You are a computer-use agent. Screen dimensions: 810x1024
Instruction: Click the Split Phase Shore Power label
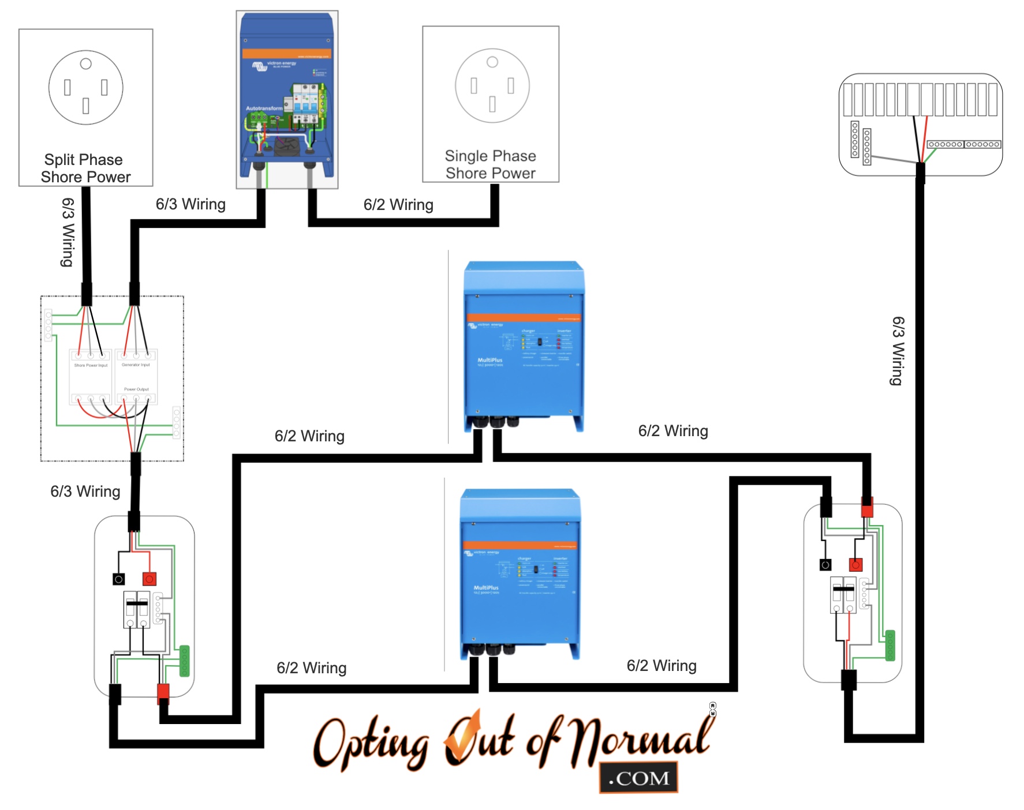(x=85, y=168)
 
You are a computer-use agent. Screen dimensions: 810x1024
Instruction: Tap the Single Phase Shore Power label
(x=491, y=164)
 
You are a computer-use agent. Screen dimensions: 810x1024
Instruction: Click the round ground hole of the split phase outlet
(x=86, y=64)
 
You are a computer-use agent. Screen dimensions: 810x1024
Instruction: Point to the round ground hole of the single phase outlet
(x=492, y=62)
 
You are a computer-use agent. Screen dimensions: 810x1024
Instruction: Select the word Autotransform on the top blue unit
(x=264, y=108)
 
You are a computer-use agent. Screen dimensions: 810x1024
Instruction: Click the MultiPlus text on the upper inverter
(x=489, y=360)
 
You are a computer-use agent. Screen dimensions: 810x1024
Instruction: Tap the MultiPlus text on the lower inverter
(x=486, y=588)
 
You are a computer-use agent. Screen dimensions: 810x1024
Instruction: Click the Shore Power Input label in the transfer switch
(x=91, y=365)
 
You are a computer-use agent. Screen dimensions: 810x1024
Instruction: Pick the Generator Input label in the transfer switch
(x=136, y=365)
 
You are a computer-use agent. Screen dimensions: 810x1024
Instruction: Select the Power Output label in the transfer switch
(x=136, y=389)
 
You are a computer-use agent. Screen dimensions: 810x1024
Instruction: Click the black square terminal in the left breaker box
(x=119, y=579)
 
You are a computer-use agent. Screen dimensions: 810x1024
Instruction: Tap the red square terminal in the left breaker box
(x=150, y=579)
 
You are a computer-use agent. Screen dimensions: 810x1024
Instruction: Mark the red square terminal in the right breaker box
(x=855, y=564)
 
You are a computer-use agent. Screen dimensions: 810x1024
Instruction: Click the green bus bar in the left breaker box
(x=185, y=661)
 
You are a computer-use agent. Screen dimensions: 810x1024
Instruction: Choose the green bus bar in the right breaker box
(x=890, y=646)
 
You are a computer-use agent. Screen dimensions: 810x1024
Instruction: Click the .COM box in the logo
(x=638, y=778)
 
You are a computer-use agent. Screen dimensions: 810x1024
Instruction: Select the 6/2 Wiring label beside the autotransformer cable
(x=398, y=205)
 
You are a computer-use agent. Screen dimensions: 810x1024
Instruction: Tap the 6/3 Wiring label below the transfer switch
(x=85, y=492)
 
